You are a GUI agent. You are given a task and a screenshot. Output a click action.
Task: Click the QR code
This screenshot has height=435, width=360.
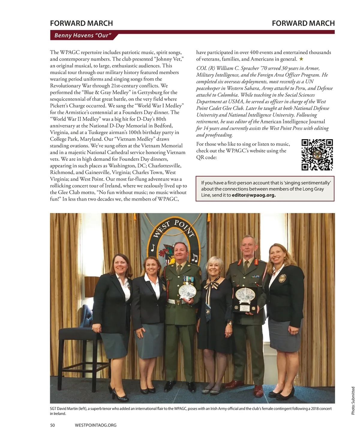pyautogui.click(x=317, y=155)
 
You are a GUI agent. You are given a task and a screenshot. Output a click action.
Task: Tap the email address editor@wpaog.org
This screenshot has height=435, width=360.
pyautogui.click(x=254, y=195)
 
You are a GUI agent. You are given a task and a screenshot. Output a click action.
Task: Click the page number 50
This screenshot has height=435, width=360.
pyautogui.click(x=52, y=425)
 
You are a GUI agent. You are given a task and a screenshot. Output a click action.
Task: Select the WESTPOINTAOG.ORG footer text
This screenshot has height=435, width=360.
pyautogui.click(x=95, y=425)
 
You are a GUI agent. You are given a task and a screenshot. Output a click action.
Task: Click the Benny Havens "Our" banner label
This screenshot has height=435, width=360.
pyautogui.click(x=83, y=35)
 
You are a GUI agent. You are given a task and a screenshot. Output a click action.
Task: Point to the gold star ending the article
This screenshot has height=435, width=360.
pyautogui.click(x=301, y=59)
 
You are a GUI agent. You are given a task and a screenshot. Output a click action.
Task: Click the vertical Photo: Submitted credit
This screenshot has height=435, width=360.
pyautogui.click(x=353, y=401)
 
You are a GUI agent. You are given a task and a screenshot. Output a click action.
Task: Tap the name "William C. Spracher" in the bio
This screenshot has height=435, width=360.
pyautogui.click(x=233, y=68)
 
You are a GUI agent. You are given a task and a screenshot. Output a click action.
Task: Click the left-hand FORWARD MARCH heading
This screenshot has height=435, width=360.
pyautogui.click(x=81, y=23)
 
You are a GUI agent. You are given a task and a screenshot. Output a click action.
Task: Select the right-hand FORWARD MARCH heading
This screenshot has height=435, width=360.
pyautogui.click(x=303, y=23)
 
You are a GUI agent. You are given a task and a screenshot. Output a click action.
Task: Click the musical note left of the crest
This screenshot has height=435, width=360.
pyautogui.click(x=153, y=247)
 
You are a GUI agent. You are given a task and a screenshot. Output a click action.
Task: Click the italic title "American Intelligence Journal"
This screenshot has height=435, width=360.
pyautogui.click(x=292, y=121)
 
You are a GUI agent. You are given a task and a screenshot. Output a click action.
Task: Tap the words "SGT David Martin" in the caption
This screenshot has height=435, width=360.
pyautogui.click(x=64, y=409)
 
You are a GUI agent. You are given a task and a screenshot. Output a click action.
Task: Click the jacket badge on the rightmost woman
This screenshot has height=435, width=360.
pyautogui.click(x=282, y=278)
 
